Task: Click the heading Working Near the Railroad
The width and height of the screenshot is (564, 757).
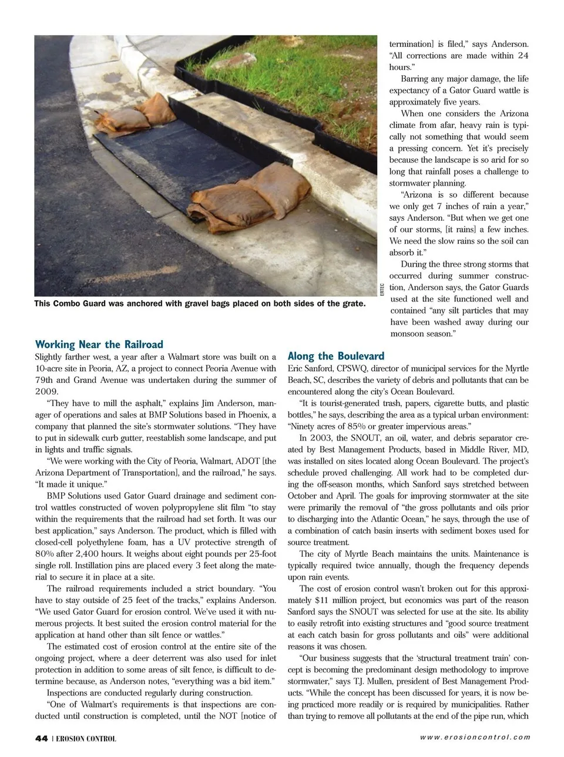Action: click(x=99, y=344)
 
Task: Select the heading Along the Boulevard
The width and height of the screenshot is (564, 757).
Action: click(x=336, y=356)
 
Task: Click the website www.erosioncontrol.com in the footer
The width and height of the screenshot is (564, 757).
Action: click(x=475, y=738)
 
